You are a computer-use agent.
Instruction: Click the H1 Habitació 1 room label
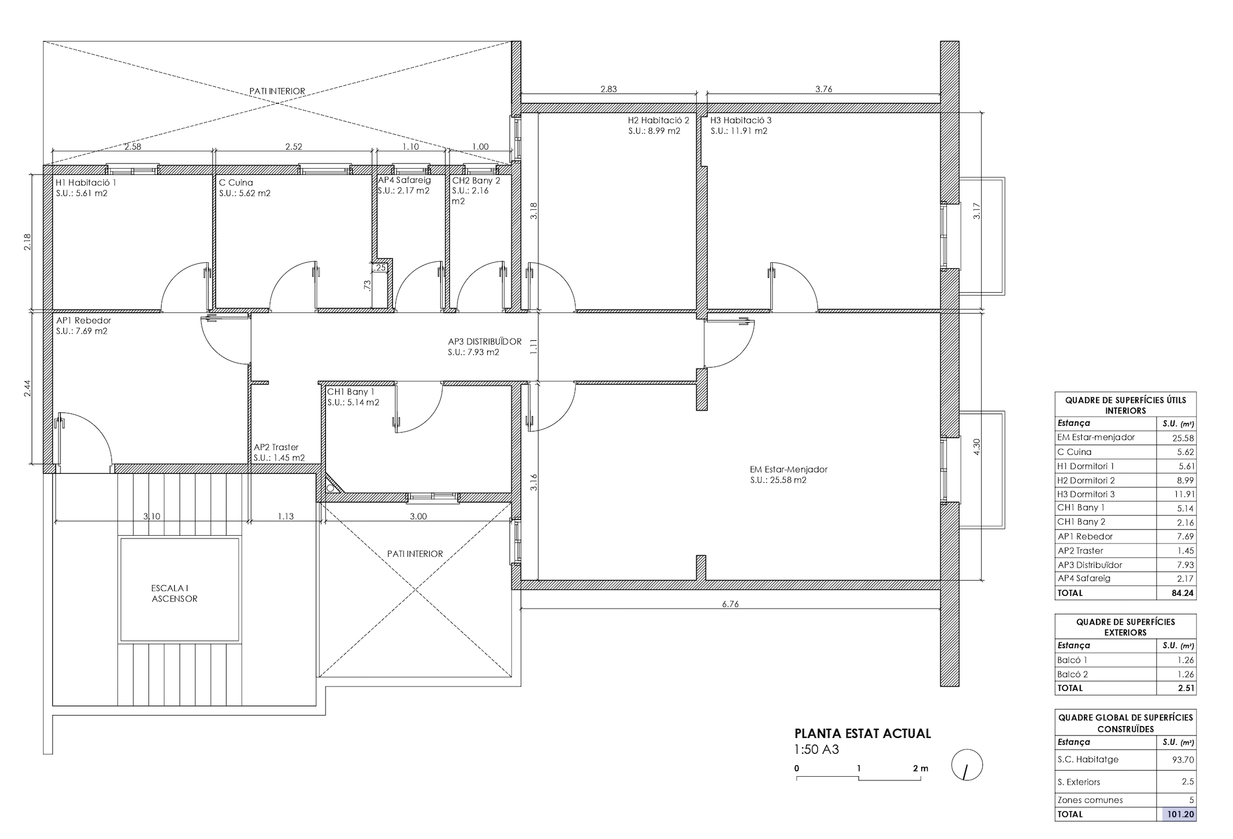[x=86, y=182]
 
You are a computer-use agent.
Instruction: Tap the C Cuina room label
[x=236, y=182]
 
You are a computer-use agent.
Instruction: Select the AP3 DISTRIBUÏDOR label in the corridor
[x=484, y=341]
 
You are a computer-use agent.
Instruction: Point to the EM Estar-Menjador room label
[x=789, y=469]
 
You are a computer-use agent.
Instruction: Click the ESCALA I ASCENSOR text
[x=174, y=593]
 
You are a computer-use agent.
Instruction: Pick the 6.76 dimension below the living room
[x=730, y=604]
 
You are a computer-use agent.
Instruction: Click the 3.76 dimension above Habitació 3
[x=823, y=89]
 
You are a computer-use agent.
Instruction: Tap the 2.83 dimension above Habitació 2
[x=608, y=89]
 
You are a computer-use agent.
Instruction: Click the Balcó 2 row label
[x=1072, y=674]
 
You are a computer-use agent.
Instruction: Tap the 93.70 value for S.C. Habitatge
[x=1183, y=760]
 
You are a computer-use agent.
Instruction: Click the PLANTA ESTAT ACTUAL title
[x=863, y=734]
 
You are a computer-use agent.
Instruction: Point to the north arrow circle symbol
[x=967, y=765]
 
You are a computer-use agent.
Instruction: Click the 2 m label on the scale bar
[x=921, y=768]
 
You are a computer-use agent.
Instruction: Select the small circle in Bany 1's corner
[x=330, y=489]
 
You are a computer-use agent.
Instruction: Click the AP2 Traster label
[x=276, y=447]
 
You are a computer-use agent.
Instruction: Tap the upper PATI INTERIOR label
[x=277, y=91]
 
